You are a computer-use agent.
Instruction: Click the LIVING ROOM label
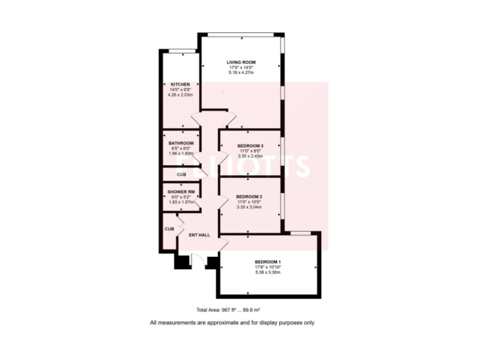pyautogui.click(x=241, y=62)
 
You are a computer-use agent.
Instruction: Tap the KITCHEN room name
pyautogui.click(x=180, y=84)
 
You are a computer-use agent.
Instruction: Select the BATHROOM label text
pyautogui.click(x=181, y=143)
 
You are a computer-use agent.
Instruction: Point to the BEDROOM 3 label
pyautogui.click(x=250, y=146)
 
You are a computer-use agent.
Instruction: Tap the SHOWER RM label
pyautogui.click(x=181, y=191)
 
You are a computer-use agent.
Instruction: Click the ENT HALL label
pyautogui.click(x=199, y=235)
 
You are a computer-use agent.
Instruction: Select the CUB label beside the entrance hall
pyautogui.click(x=169, y=229)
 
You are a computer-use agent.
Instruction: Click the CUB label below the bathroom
pyautogui.click(x=181, y=174)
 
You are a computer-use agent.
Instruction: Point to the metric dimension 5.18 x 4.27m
pyautogui.click(x=241, y=74)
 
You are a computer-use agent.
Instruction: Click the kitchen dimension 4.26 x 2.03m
pyautogui.click(x=180, y=95)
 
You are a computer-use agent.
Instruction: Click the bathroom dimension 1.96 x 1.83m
pyautogui.click(x=181, y=154)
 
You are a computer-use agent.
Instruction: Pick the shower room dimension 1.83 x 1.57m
pyautogui.click(x=181, y=202)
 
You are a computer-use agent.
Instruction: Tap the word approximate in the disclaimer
pyautogui.click(x=222, y=322)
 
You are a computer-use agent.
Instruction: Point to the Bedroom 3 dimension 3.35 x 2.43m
pyautogui.click(x=250, y=156)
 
